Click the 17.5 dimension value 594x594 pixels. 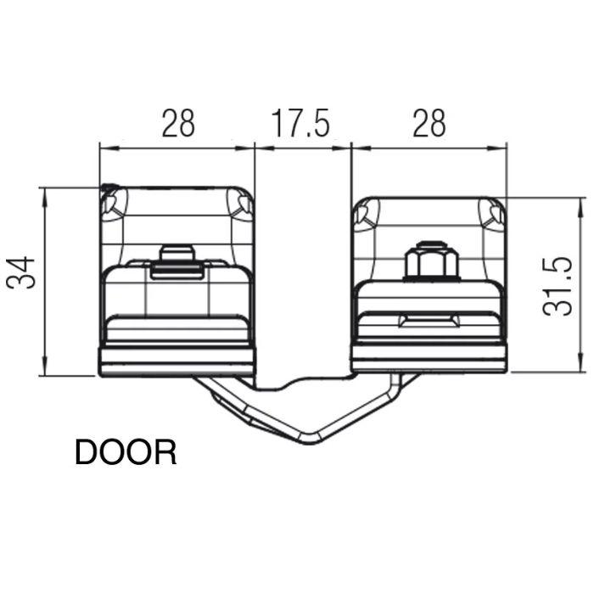[x=300, y=124]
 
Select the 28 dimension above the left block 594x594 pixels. [x=177, y=124]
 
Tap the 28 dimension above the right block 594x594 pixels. [x=429, y=124]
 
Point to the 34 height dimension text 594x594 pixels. [x=23, y=272]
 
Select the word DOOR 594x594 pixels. [x=126, y=452]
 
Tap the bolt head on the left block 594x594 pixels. [x=177, y=255]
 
